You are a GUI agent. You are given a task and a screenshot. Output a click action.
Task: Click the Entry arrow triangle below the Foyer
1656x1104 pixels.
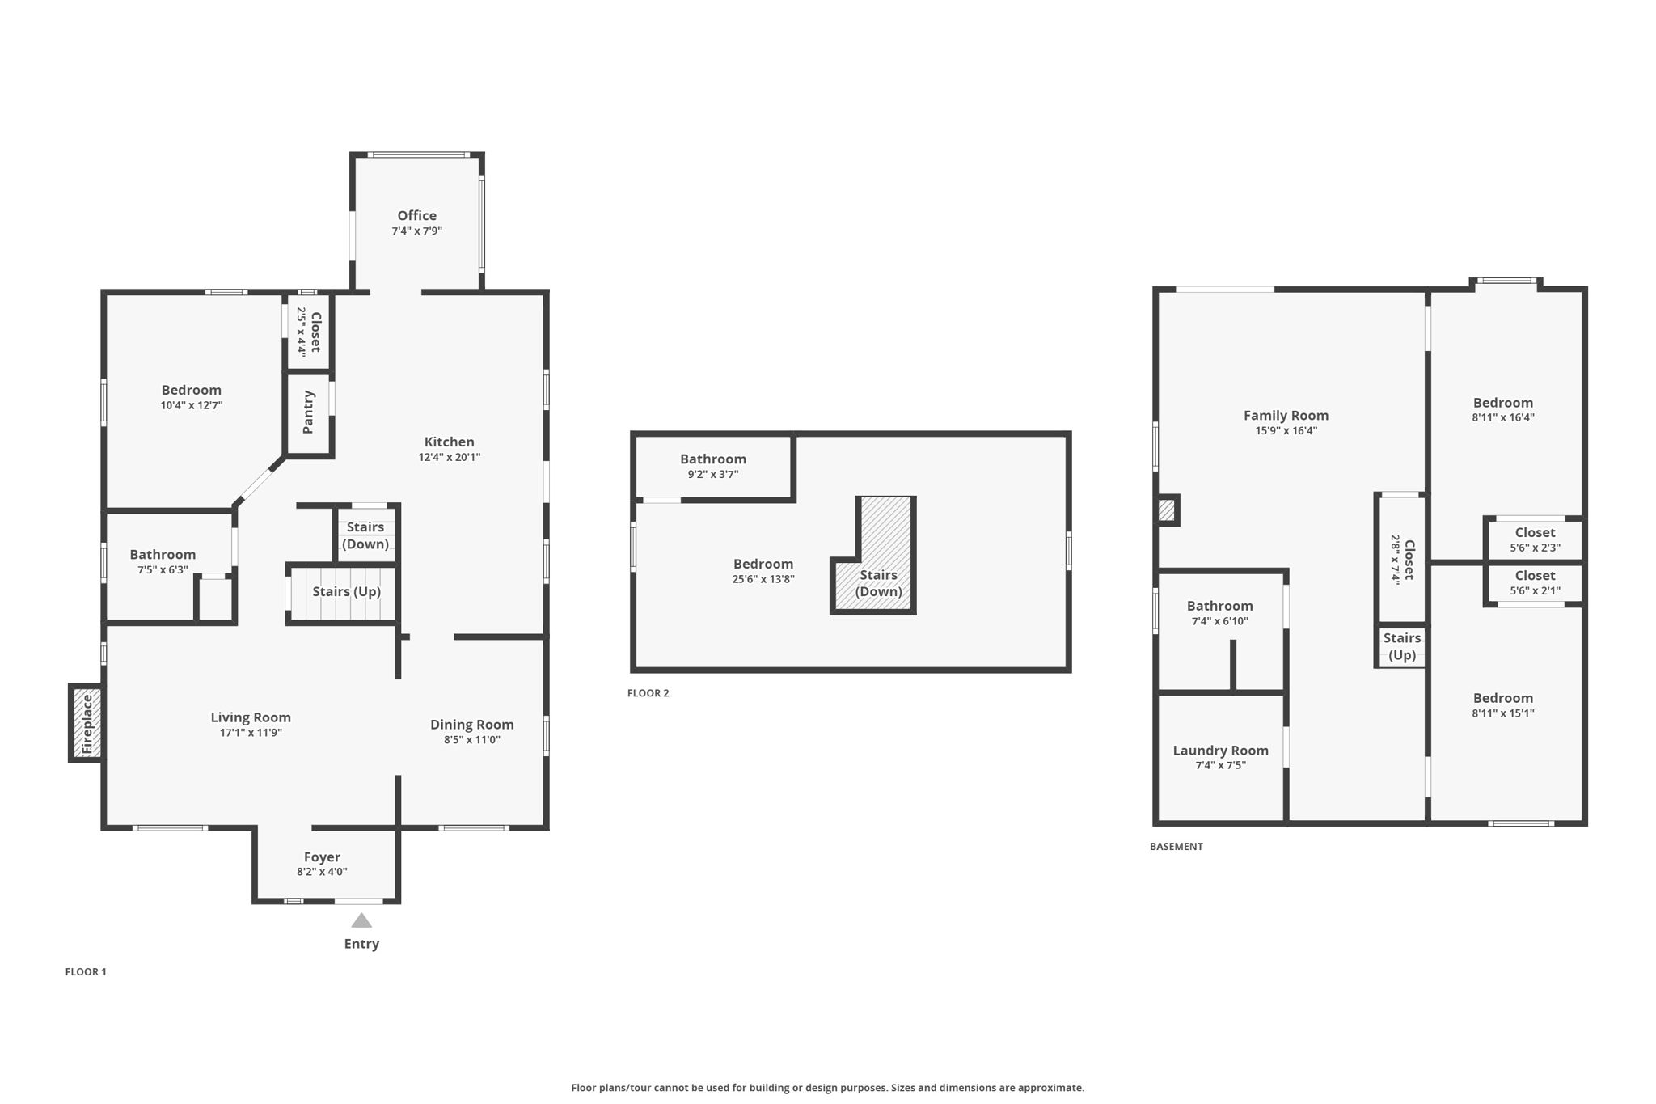(x=361, y=920)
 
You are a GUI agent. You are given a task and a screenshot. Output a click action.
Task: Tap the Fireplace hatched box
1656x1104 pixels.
(x=87, y=723)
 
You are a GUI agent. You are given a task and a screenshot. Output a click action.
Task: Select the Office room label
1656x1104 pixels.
(x=417, y=215)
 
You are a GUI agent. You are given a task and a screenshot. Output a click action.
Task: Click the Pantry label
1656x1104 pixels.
(x=308, y=412)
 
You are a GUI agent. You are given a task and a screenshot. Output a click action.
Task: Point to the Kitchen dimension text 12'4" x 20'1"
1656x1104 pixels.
(x=450, y=457)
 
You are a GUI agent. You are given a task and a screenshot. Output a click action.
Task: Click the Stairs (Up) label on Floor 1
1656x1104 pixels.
(x=347, y=591)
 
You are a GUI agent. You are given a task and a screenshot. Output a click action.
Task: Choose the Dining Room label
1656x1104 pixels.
(x=472, y=725)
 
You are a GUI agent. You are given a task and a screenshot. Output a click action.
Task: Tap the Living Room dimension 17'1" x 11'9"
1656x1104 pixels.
(x=251, y=733)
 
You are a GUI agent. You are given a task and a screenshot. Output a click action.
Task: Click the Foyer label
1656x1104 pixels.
(x=322, y=857)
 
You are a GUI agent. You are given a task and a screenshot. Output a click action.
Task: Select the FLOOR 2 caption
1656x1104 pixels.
(x=648, y=693)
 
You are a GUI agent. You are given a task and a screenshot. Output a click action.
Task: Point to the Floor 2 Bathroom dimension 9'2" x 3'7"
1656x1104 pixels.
(x=713, y=475)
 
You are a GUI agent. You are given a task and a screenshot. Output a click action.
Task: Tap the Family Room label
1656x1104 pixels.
(x=1286, y=416)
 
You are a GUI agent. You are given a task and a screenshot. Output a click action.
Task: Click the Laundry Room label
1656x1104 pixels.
(x=1221, y=751)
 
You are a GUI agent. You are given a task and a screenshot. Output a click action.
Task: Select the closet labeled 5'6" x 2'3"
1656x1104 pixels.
(x=1535, y=539)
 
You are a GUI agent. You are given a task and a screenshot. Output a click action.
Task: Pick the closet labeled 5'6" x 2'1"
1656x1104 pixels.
(x=1535, y=583)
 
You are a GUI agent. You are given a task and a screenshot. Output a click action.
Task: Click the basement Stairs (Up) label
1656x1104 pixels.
(x=1402, y=646)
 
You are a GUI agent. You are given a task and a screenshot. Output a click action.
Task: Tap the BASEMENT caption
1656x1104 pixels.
(x=1177, y=847)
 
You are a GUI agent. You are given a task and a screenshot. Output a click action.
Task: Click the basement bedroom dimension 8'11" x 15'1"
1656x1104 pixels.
(x=1503, y=713)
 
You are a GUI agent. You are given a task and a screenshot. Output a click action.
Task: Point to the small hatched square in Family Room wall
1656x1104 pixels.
(x=1166, y=510)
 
